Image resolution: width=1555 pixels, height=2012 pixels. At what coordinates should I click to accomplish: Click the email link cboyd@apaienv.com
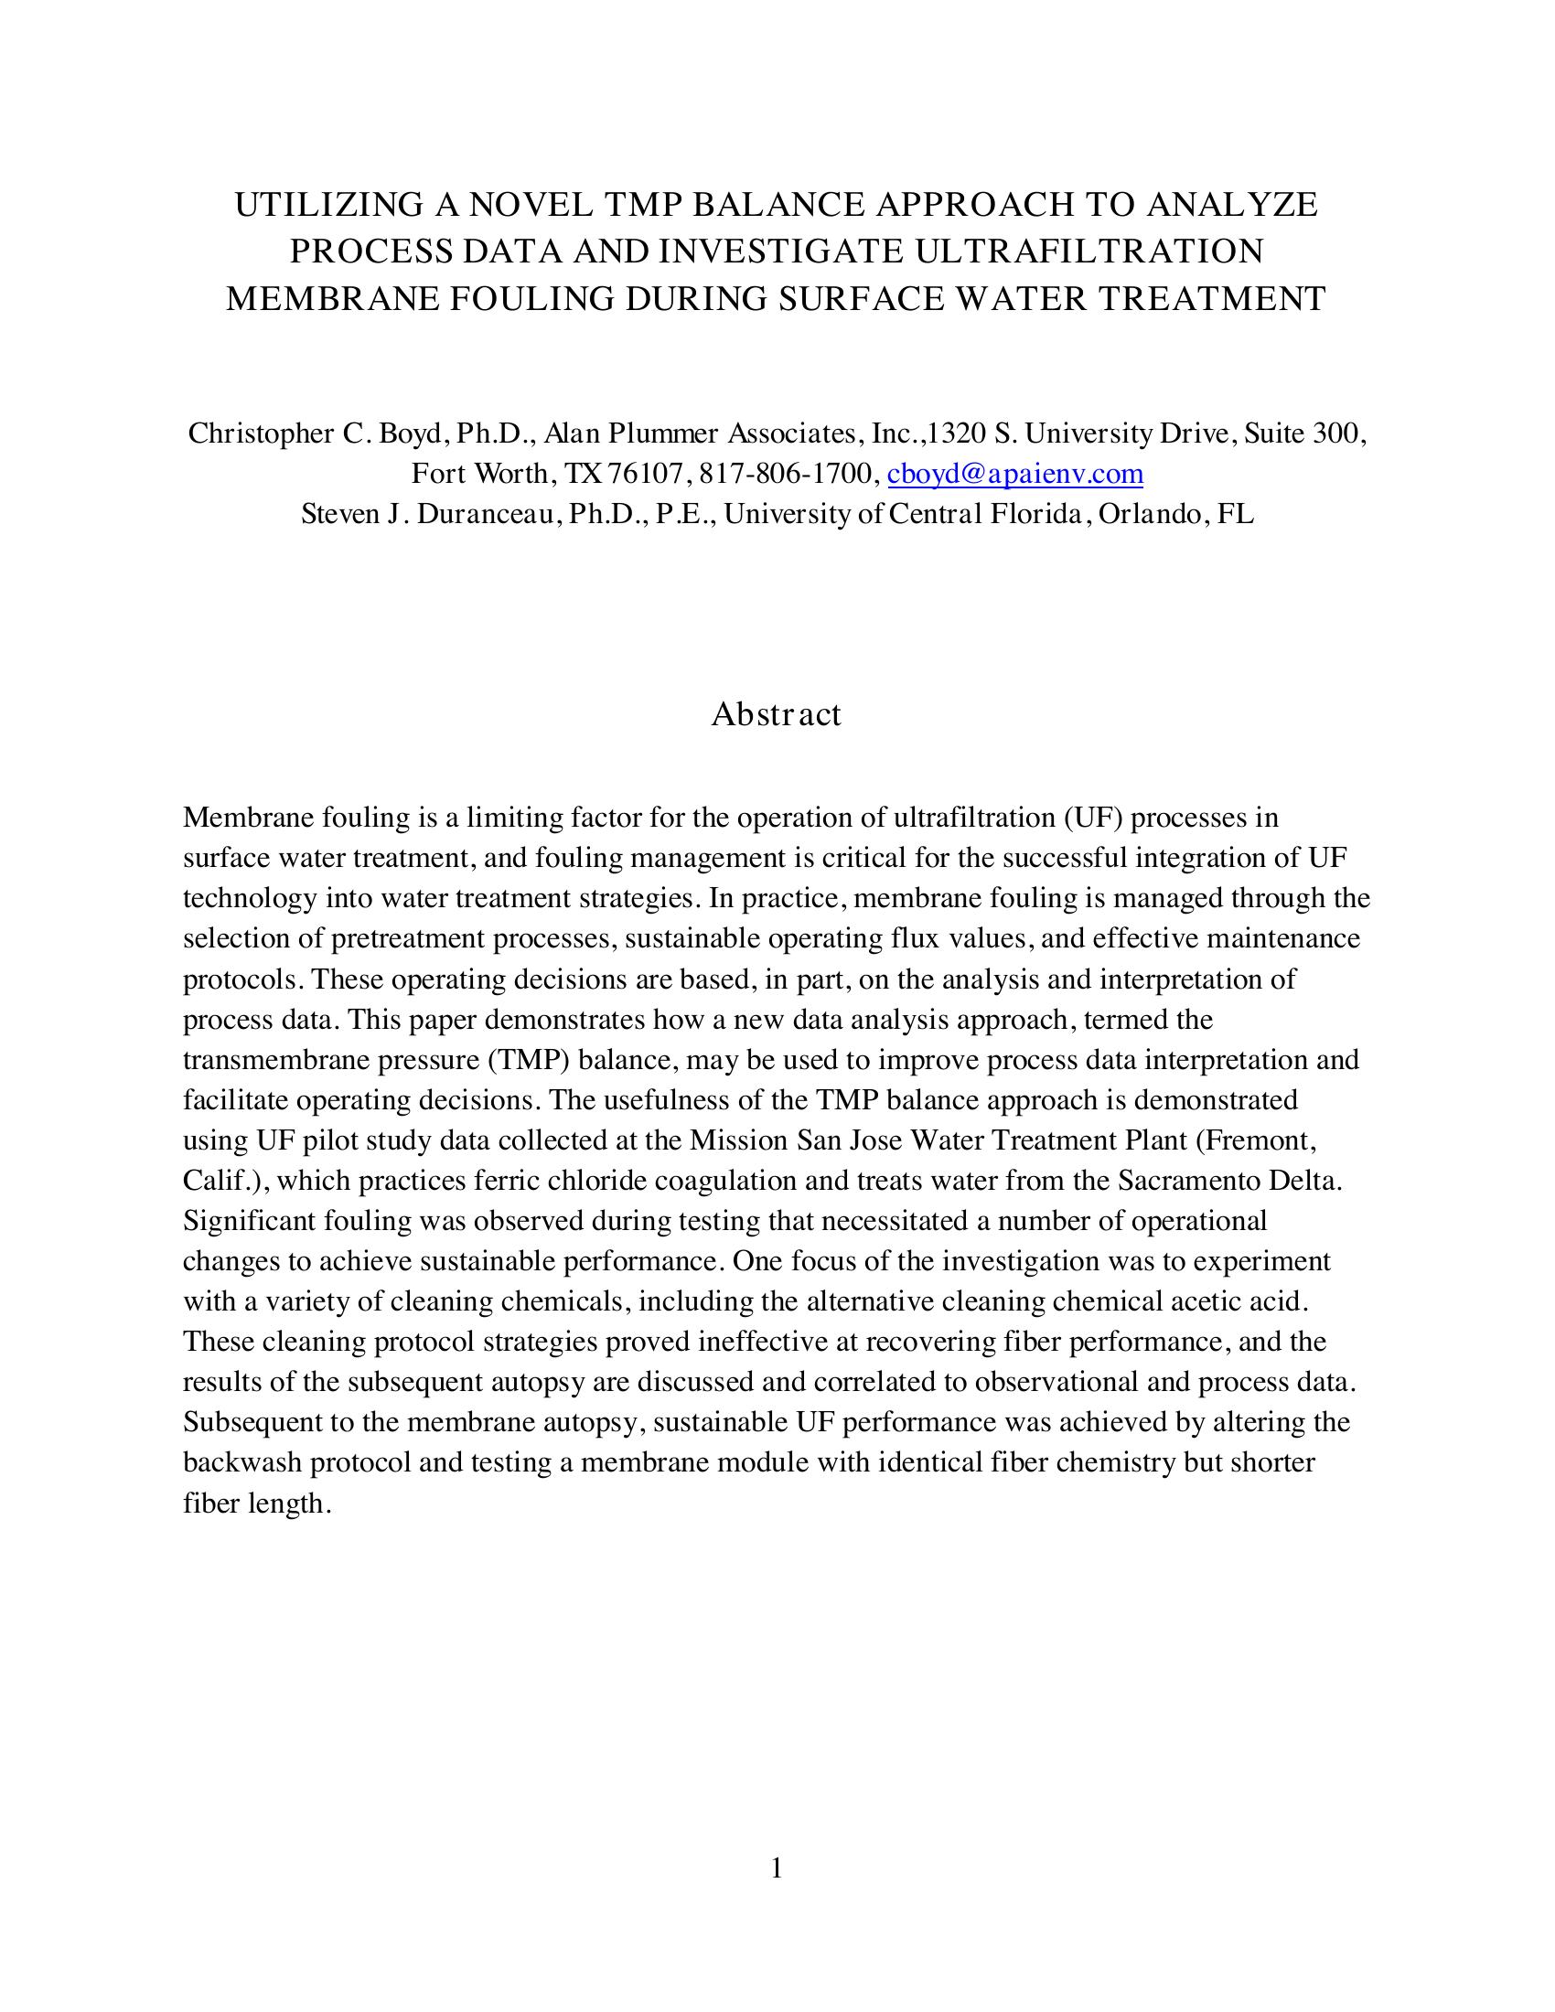pos(1014,475)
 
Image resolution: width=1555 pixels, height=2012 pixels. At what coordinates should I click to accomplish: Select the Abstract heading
pos(776,714)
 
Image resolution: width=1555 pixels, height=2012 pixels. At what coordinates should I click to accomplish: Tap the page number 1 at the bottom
pos(777,1868)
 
